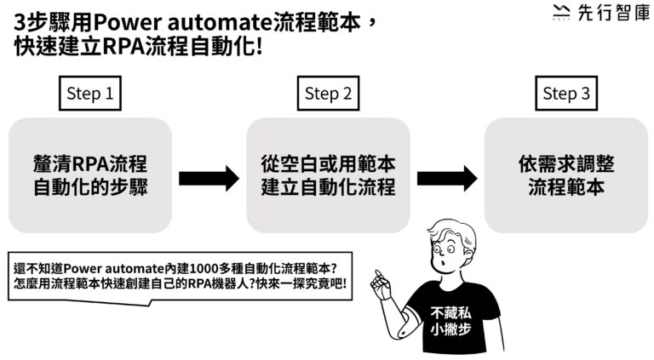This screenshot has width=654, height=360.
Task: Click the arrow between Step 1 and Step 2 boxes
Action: [209, 178]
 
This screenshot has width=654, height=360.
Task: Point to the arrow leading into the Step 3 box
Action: [447, 178]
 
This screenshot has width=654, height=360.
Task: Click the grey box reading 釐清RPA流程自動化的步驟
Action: [90, 175]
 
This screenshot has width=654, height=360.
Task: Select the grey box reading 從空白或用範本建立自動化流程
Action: [328, 175]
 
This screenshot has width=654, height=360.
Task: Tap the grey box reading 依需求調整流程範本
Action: [566, 175]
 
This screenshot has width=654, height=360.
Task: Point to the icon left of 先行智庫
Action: [560, 13]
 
